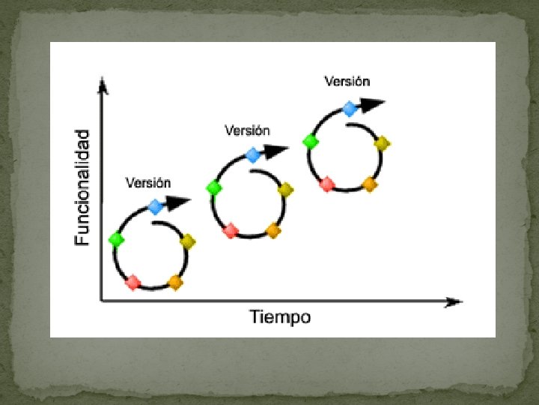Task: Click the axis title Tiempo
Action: pyautogui.click(x=280, y=317)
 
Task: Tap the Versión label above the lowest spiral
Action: pyautogui.click(x=148, y=182)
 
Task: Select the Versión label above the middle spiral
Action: pyautogui.click(x=248, y=130)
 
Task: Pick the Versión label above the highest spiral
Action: pyautogui.click(x=347, y=81)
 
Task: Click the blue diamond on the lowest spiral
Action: pyautogui.click(x=155, y=206)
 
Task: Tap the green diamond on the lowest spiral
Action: pyautogui.click(x=116, y=239)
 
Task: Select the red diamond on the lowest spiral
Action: pyautogui.click(x=133, y=282)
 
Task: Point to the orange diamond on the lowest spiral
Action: pyautogui.click(x=175, y=282)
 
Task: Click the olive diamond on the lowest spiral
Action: pyautogui.click(x=188, y=241)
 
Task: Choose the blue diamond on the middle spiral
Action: pyautogui.click(x=253, y=155)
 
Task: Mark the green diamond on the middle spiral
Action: pyautogui.click(x=214, y=187)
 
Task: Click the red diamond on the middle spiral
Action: pyautogui.click(x=231, y=230)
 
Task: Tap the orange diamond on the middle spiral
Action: pyautogui.click(x=273, y=230)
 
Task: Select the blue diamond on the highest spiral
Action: pyautogui.click(x=350, y=109)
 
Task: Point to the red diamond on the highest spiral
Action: pyautogui.click(x=327, y=184)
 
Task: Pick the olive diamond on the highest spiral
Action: pyautogui.click(x=382, y=143)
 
